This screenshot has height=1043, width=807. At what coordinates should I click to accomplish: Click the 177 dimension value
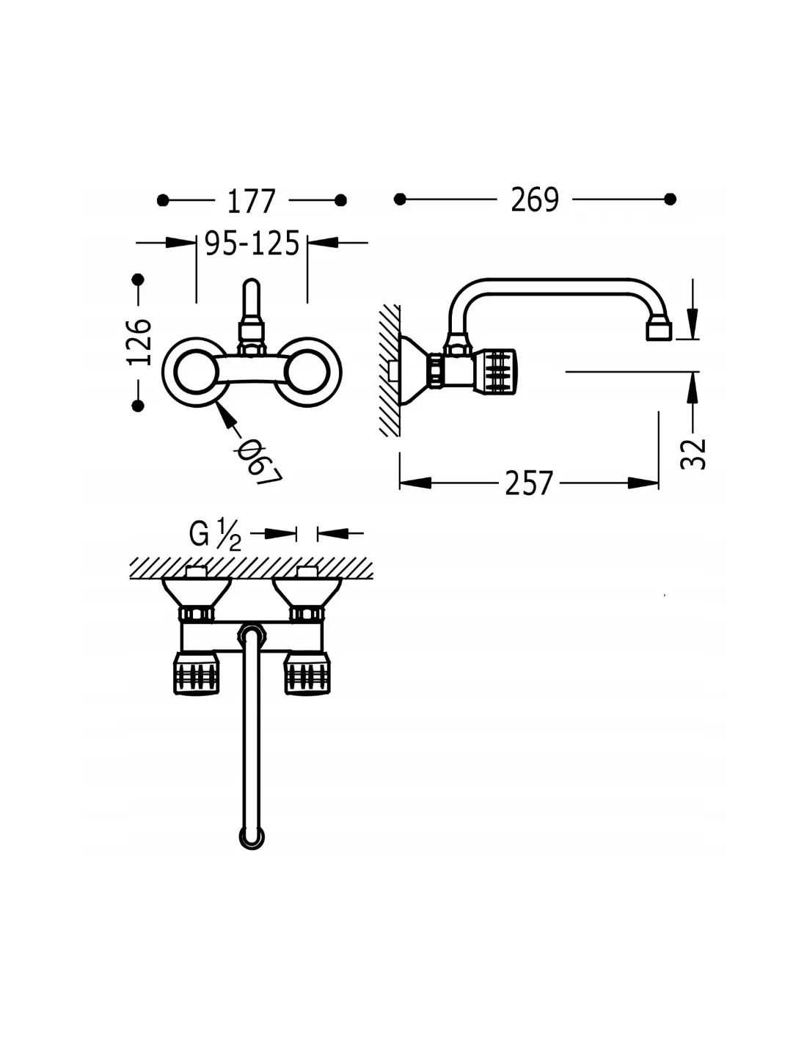(x=251, y=201)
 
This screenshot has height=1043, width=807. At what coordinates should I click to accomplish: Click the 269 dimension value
(x=534, y=200)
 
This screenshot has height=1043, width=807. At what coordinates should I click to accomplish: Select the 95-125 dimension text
(x=252, y=243)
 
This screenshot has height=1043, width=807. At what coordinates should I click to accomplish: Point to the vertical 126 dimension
(x=139, y=341)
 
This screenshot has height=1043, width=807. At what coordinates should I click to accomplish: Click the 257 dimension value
(x=529, y=483)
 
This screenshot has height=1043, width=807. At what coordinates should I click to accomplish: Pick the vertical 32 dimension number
(x=693, y=453)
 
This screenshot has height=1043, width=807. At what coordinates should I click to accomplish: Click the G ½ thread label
(x=215, y=535)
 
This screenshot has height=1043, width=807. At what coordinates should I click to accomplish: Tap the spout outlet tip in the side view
(x=659, y=332)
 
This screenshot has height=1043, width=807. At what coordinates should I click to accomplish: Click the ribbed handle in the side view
(x=496, y=372)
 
